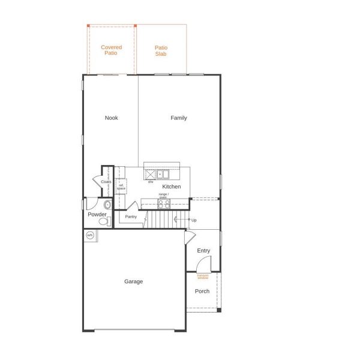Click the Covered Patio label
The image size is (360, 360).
pos(112,50)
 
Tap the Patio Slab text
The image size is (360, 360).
pos(161,50)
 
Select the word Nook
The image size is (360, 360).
pos(112,118)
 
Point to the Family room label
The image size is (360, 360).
pos(179,118)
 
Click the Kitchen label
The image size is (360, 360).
pos(171,187)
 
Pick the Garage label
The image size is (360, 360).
pos(133,281)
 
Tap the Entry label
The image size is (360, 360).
pos(203,250)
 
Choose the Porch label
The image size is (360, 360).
pos(202,291)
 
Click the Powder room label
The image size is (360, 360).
pos(97,214)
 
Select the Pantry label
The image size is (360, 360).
pos(131,217)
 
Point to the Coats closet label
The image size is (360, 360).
pos(106,181)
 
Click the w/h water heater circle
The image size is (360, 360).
pos(90,235)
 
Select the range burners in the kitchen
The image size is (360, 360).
pos(164,203)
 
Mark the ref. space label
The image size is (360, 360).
pos(121,187)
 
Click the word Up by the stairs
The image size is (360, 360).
pos(194,220)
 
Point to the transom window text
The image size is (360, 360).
pos(203,277)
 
